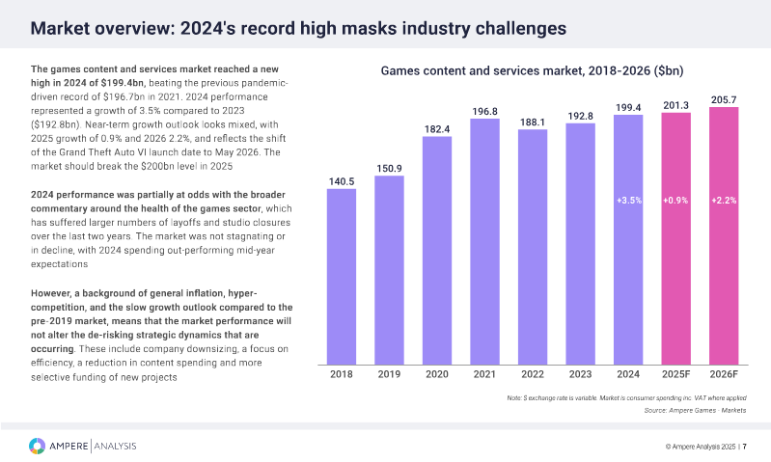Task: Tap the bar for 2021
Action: [x=484, y=240]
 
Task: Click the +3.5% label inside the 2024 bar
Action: [x=628, y=201]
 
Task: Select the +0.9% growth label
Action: [x=675, y=201]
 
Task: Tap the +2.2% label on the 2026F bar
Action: [x=724, y=201]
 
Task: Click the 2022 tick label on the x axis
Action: [x=533, y=374]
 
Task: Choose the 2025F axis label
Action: [x=675, y=374]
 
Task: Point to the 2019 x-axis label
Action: [x=389, y=374]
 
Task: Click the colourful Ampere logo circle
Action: [x=37, y=446]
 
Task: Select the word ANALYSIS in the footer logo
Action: [x=116, y=446]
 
